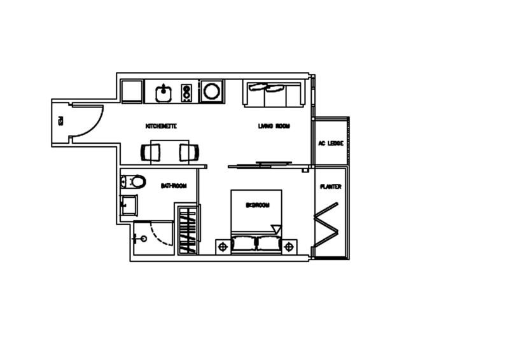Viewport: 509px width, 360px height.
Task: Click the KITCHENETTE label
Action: (161, 126)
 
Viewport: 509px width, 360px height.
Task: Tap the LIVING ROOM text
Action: (274, 126)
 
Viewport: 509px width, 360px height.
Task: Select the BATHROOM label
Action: (173, 186)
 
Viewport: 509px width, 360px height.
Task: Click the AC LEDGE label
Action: (330, 143)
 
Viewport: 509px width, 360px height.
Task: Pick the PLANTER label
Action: (331, 186)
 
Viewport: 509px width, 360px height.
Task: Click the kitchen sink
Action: (163, 93)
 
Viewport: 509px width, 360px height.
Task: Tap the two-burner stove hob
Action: (187, 93)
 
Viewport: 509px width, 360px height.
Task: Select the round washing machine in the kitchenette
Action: (211, 92)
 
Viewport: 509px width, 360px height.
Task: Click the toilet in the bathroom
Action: (134, 182)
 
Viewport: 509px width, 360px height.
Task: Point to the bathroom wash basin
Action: (129, 205)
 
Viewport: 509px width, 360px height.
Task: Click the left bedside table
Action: (224, 245)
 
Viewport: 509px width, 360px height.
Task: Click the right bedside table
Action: (289, 245)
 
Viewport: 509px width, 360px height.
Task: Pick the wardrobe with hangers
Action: (188, 229)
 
